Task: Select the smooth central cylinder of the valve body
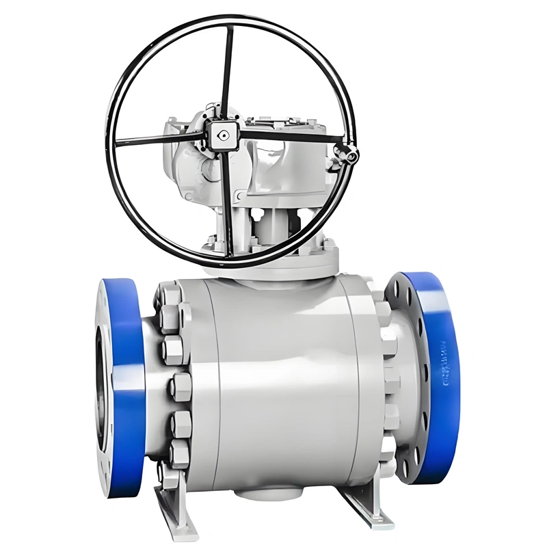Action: [280, 383]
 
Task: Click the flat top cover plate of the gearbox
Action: [287, 123]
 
